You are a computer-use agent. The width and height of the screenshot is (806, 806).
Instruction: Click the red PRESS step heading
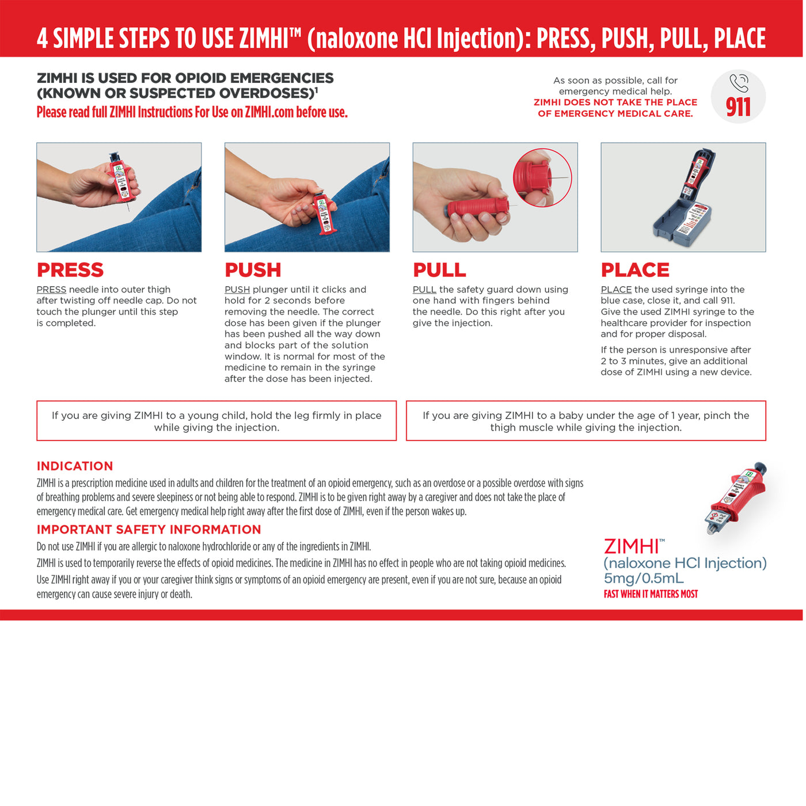[x=70, y=270]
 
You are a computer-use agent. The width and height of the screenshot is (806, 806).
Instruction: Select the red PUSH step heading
[x=253, y=270]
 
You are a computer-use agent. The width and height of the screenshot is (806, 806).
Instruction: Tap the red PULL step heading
[x=439, y=270]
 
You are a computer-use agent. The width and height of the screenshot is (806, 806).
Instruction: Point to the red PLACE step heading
[x=635, y=270]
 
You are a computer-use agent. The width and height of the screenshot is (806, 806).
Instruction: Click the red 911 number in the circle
[x=738, y=107]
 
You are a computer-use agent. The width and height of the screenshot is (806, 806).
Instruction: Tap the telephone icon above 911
[x=739, y=83]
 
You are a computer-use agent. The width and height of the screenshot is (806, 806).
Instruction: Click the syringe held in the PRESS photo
[x=120, y=178]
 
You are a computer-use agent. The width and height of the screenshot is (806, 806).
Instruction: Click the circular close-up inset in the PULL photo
[x=542, y=177]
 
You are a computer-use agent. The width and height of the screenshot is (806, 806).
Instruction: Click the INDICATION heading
[x=75, y=466]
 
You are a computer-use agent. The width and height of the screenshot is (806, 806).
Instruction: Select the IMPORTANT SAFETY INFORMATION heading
[x=149, y=530]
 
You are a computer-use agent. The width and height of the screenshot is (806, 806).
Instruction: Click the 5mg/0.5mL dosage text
[x=644, y=579]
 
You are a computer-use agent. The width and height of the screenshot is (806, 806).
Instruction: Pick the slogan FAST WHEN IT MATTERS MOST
[x=651, y=594]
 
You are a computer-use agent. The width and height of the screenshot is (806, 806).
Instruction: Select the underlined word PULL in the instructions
[x=424, y=290]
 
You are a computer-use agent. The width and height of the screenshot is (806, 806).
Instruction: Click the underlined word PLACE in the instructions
[x=616, y=290]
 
